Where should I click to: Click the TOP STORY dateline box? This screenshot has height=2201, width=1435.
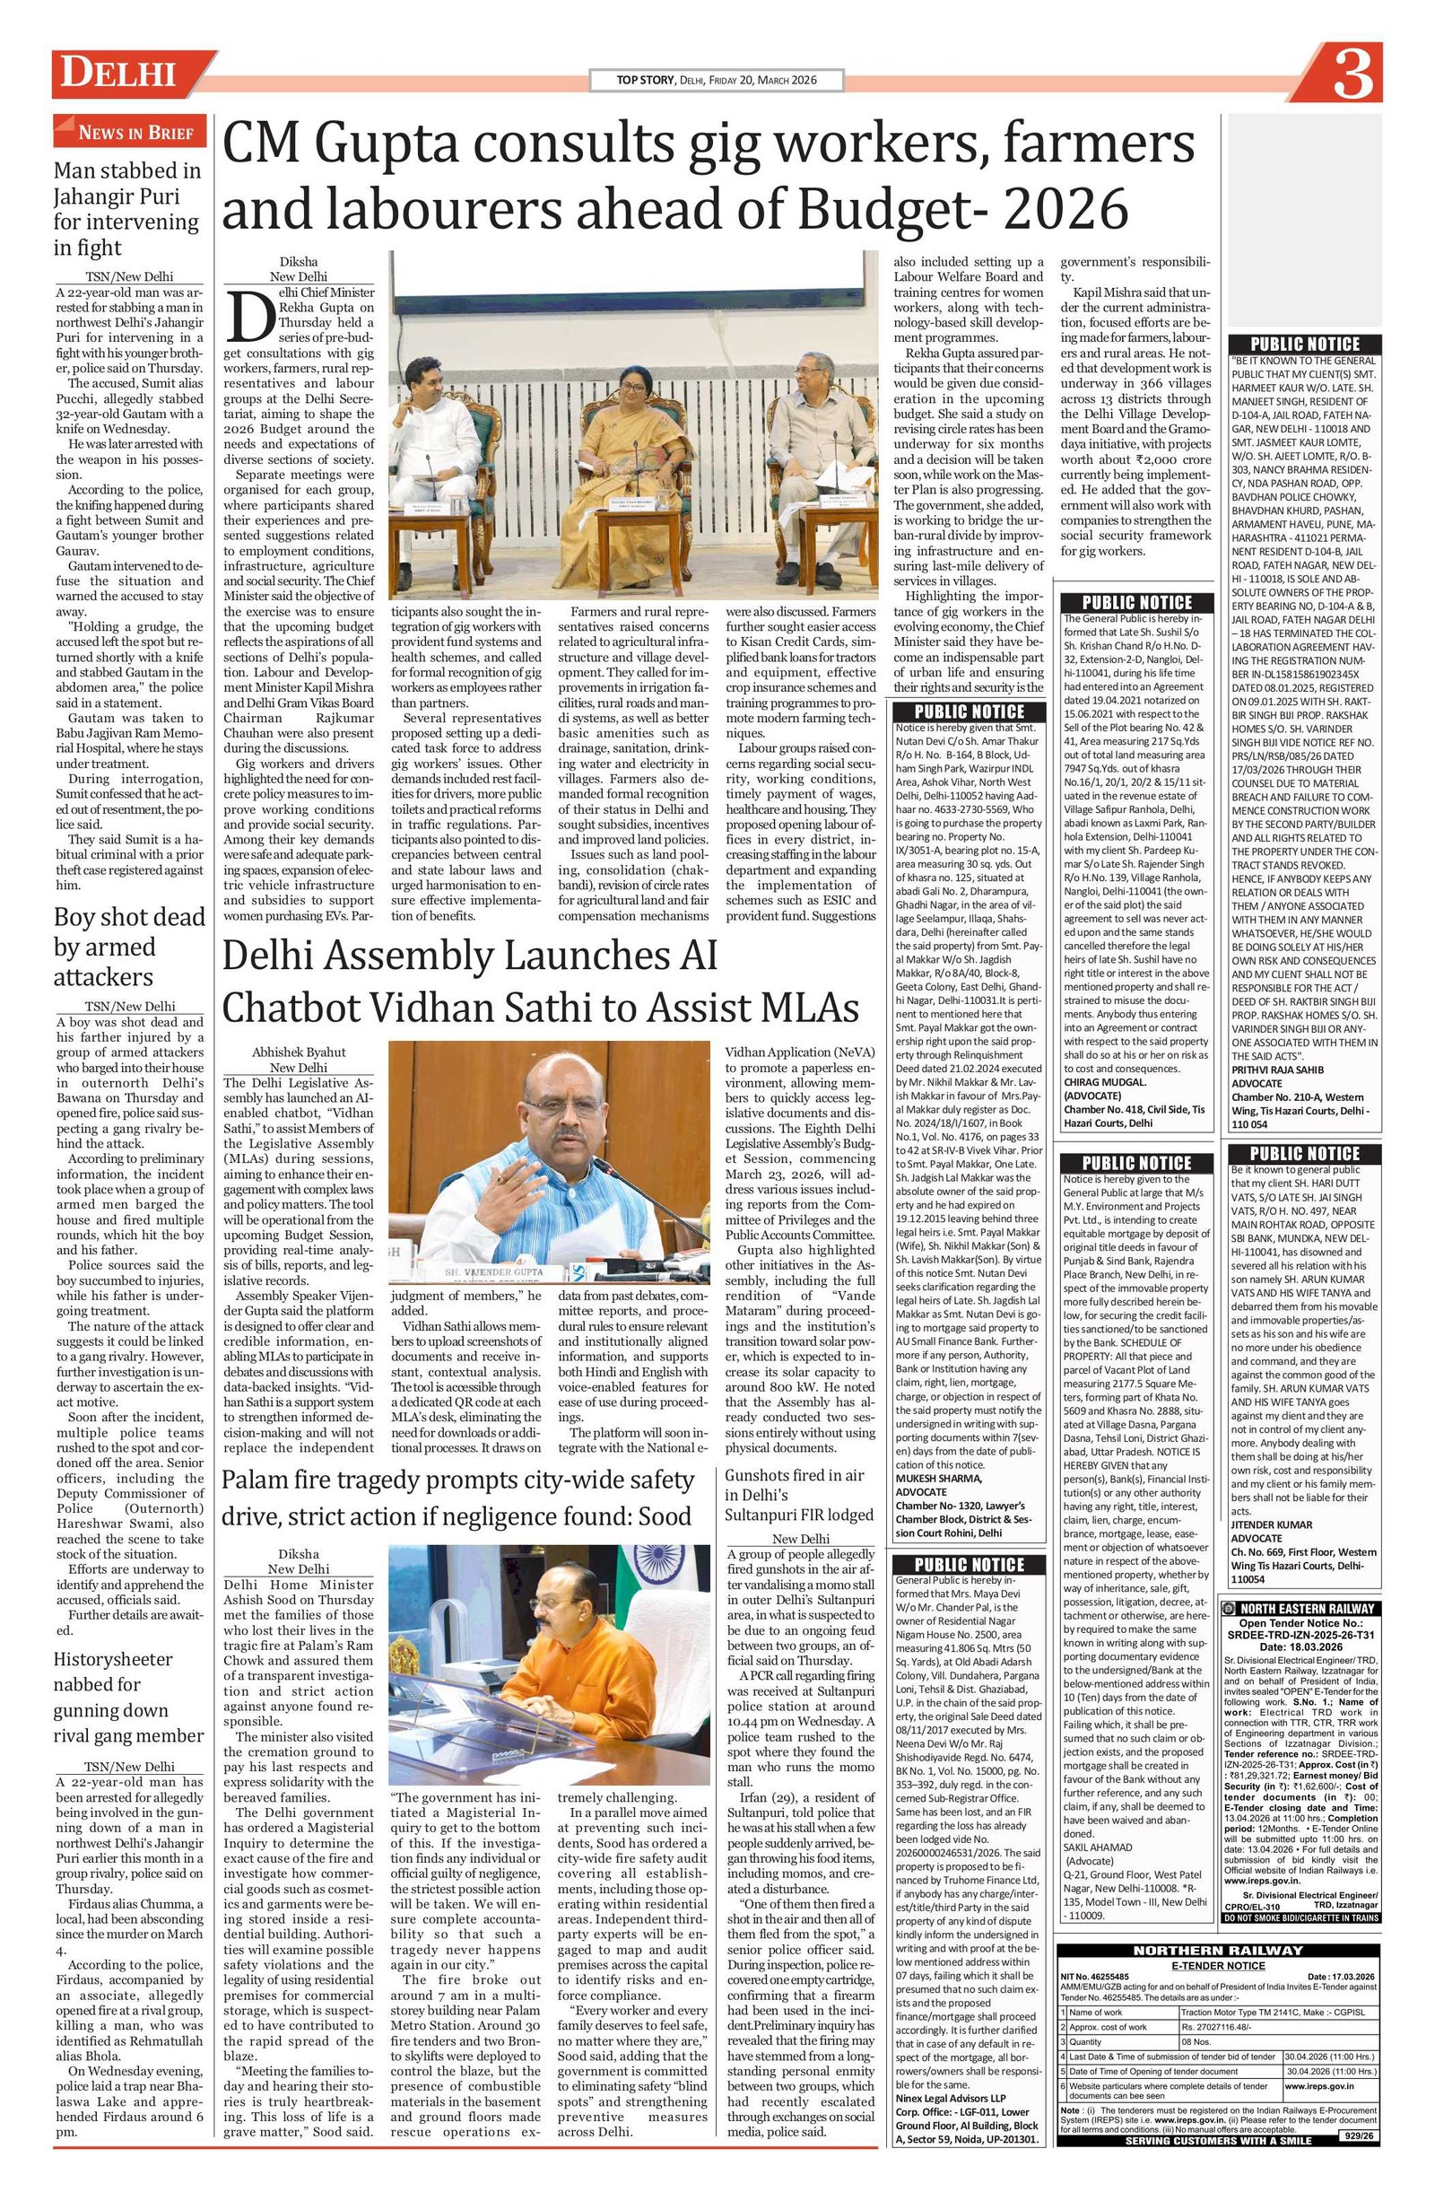pyautogui.click(x=717, y=81)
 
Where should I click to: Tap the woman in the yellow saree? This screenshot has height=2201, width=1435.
pyautogui.click(x=634, y=434)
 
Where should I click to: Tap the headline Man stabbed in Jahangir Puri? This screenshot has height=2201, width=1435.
pyautogui.click(x=126, y=209)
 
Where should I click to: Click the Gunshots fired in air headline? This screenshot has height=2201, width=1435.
pyautogui.click(x=798, y=1495)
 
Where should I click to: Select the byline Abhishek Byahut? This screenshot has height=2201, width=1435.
pyautogui.click(x=299, y=1052)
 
